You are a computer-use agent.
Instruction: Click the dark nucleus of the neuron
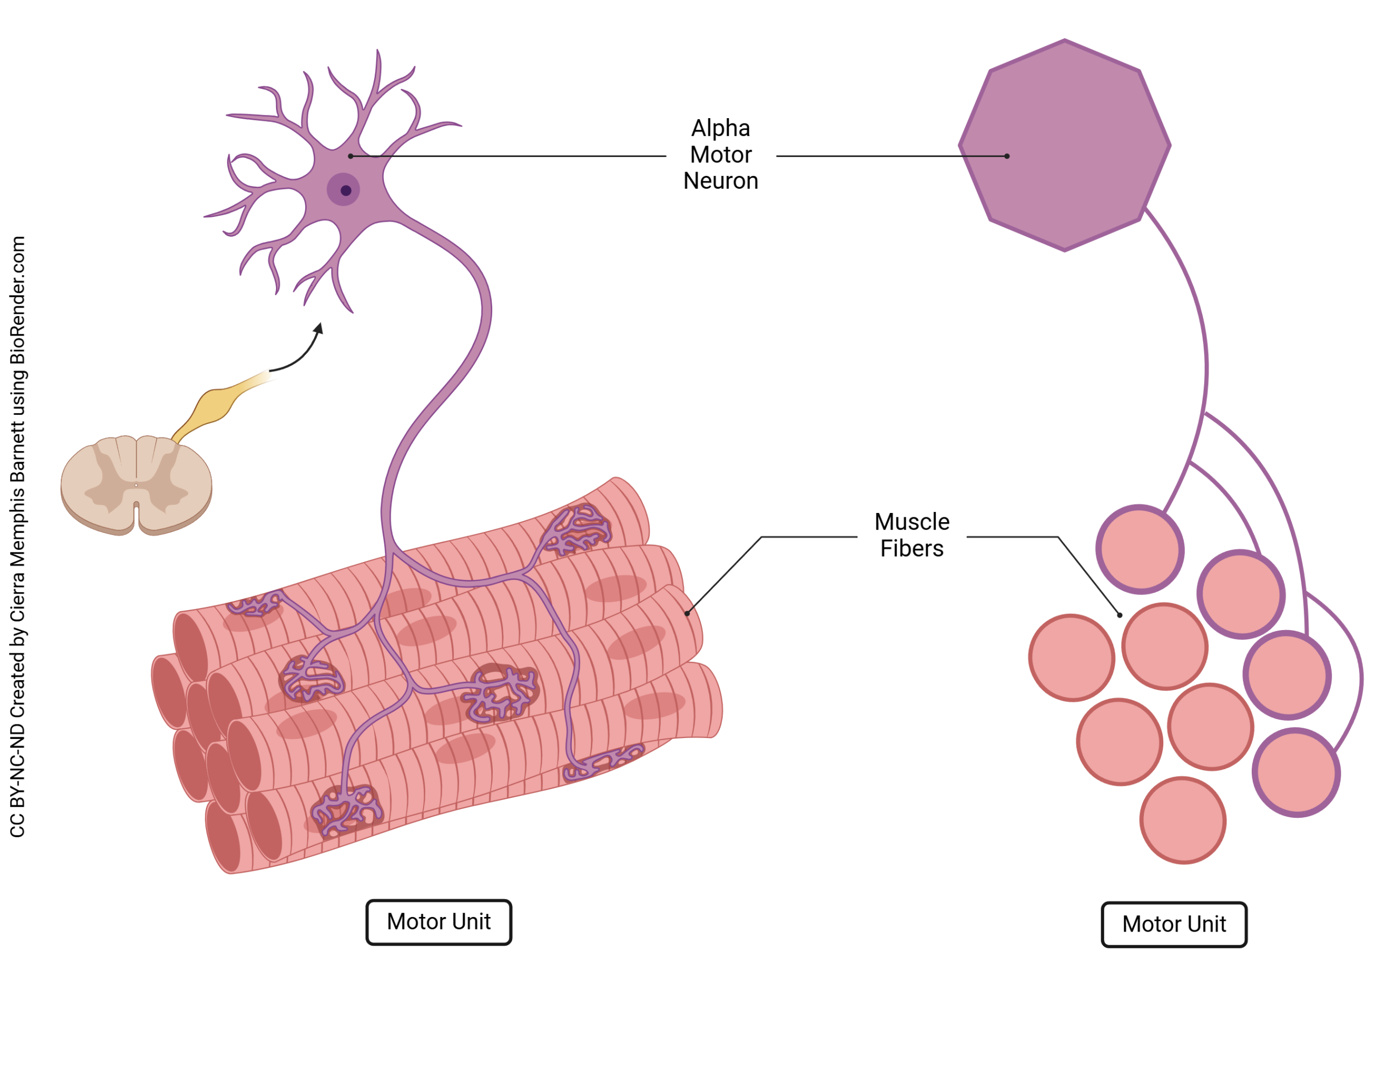tap(346, 190)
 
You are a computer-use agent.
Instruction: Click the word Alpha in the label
tap(720, 128)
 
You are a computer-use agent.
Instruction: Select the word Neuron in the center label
tap(720, 181)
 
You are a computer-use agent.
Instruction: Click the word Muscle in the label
tap(911, 522)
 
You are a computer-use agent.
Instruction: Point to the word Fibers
tap(911, 548)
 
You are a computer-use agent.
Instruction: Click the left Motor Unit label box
tap(438, 922)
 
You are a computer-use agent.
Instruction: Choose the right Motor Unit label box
tap(1174, 924)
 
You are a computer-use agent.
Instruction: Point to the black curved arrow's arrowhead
tap(319, 328)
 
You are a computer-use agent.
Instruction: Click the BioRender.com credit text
tap(18, 300)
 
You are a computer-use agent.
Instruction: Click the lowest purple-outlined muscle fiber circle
tap(1295, 772)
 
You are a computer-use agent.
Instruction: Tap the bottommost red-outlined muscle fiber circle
tap(1182, 820)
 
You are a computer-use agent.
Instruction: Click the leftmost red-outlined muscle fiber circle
tap(1072, 658)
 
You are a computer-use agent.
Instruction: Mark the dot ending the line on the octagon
tap(1006, 156)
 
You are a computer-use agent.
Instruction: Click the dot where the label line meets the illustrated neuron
tap(350, 156)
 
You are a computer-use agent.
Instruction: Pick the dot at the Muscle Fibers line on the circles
tap(1119, 615)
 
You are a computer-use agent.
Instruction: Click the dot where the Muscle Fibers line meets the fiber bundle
tap(687, 613)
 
